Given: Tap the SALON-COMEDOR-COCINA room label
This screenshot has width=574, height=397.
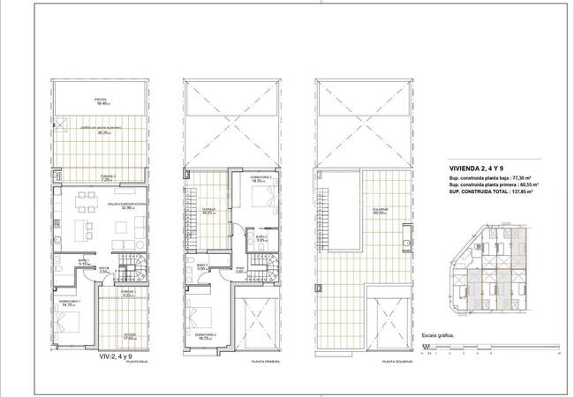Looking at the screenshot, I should (122, 205).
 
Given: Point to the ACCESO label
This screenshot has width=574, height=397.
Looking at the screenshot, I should (130, 333).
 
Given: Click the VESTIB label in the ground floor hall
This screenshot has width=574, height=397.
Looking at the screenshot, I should (103, 269).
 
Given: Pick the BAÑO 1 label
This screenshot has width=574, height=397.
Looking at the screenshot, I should (82, 260).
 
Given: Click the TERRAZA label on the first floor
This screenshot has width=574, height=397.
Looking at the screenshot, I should (209, 210).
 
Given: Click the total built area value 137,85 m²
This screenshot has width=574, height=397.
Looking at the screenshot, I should (521, 191).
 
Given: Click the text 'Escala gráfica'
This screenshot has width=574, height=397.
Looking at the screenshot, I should (438, 336).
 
